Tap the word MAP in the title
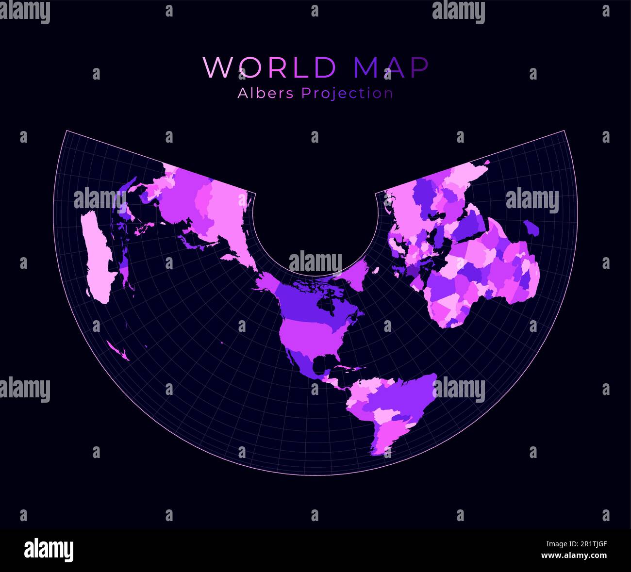pos(391,67)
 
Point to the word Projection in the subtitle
pos(347,93)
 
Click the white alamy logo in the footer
pos(49,551)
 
